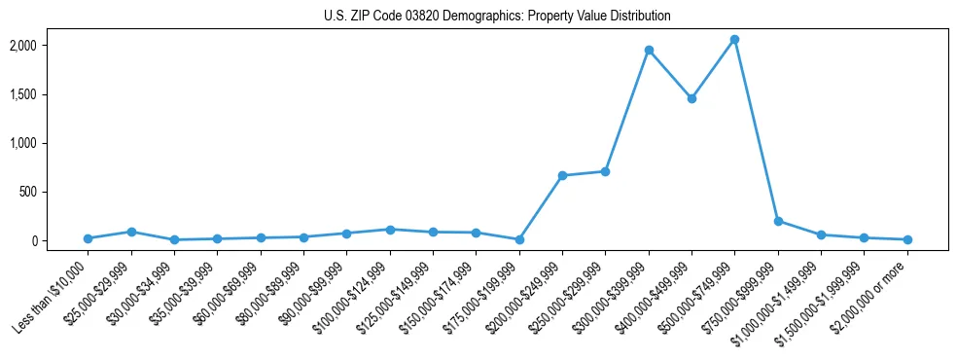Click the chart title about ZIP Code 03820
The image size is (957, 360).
pos(497,16)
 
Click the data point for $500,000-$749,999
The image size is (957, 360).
pos(734,40)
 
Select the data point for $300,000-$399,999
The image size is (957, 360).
pos(649,50)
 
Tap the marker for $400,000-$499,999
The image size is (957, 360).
pos(691,98)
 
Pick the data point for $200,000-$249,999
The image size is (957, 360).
pos(562,175)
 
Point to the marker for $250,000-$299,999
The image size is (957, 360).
pos(605,171)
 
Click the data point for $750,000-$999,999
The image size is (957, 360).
pos(778,221)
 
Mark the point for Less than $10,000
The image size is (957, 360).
pos(88,238)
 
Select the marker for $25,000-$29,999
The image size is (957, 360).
pos(131,232)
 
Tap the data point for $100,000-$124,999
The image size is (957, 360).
pos(390,230)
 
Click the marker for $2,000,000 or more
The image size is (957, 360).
pos(907,239)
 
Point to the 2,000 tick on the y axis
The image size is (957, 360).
pos(50,46)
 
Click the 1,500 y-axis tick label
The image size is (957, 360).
pos(50,94)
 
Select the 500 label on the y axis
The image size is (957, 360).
pos(54,192)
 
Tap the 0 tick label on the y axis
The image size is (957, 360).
pos(60,240)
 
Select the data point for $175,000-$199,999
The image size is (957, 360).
pos(519,239)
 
